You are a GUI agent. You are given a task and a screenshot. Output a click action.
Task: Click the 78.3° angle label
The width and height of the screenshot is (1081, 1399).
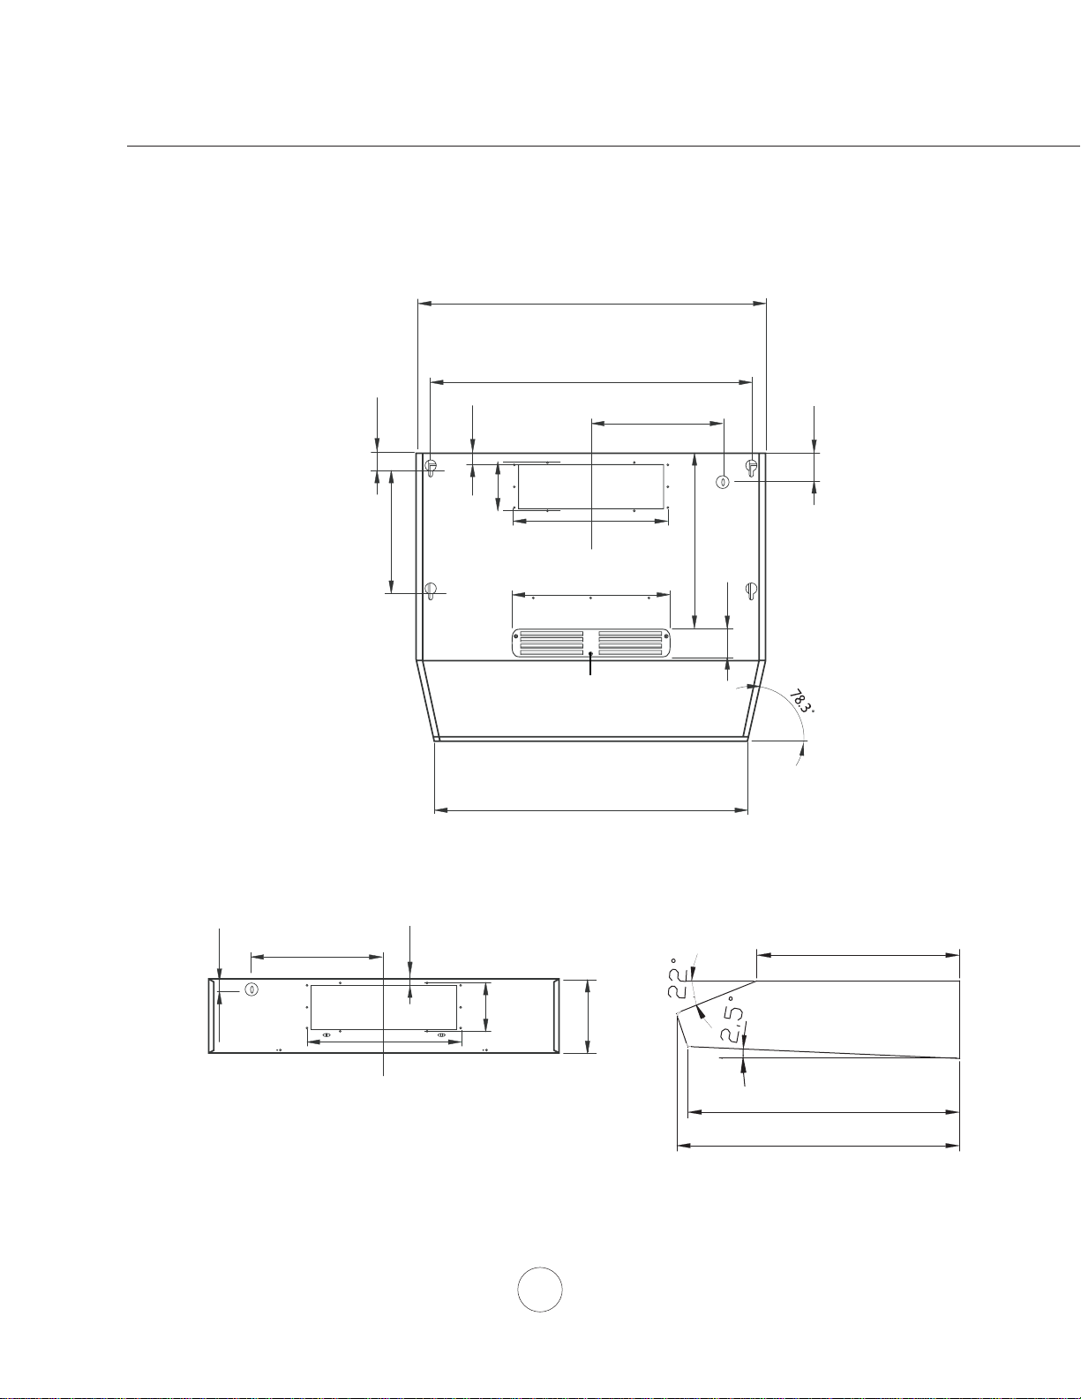point(801,701)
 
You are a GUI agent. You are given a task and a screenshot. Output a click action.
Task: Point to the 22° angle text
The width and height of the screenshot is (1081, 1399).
point(679,977)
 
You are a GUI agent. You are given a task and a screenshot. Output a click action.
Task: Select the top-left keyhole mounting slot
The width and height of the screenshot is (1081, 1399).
point(432,468)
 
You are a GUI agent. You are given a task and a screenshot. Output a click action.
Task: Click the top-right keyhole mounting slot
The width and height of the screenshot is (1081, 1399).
point(751,468)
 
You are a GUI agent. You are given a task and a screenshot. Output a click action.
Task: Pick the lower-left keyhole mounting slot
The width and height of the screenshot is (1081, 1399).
point(432,590)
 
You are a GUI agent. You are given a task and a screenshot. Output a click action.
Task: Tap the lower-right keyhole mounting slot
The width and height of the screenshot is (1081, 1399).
point(751,590)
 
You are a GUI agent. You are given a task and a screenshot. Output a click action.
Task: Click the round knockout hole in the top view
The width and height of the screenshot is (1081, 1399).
point(722,482)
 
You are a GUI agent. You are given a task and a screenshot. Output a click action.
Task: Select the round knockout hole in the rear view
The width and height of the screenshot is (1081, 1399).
point(251,989)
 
